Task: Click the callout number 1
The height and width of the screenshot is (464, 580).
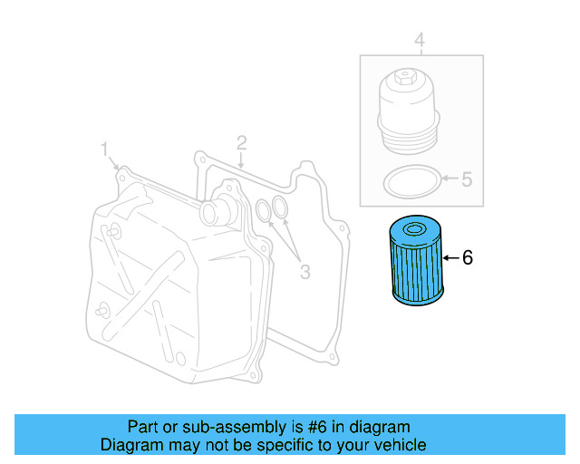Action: pyautogui.click(x=104, y=148)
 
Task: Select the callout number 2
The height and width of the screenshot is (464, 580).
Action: pyautogui.click(x=242, y=142)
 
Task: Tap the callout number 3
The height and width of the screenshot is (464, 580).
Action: pyautogui.click(x=304, y=271)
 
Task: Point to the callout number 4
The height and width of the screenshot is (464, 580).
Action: pyautogui.click(x=420, y=40)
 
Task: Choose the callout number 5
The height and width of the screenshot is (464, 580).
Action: pyautogui.click(x=467, y=179)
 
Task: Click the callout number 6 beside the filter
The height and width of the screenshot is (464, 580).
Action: pyautogui.click(x=468, y=258)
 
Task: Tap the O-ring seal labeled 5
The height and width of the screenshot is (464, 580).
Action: pyautogui.click(x=411, y=181)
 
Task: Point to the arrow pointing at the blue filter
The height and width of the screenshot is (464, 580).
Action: pyautogui.click(x=450, y=258)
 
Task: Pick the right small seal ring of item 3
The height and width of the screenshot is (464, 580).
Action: pyautogui.click(x=281, y=209)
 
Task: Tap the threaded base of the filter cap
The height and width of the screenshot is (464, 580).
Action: pyautogui.click(x=407, y=138)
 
